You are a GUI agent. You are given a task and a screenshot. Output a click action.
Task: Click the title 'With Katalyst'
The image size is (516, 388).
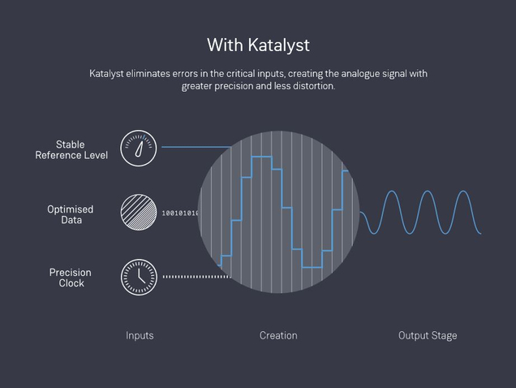pyautogui.click(x=258, y=45)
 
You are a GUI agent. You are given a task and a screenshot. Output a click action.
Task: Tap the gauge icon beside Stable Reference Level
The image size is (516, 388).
pyautogui.click(x=138, y=148)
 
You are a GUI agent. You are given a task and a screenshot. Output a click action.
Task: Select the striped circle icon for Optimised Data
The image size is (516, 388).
pyautogui.click(x=139, y=212)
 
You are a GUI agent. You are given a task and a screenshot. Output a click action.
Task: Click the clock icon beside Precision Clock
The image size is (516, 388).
pyautogui.click(x=139, y=277)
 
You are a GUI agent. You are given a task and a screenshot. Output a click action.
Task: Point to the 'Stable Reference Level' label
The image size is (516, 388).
pyautogui.click(x=71, y=150)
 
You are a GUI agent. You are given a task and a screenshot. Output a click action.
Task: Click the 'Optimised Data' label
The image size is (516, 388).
pyautogui.click(x=71, y=214)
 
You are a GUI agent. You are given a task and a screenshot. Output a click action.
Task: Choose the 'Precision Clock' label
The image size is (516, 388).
pyautogui.click(x=71, y=278)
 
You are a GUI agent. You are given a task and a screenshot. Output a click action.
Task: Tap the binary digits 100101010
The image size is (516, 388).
pyautogui.click(x=180, y=213)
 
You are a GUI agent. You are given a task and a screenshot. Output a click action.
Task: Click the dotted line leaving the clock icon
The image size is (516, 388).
pyautogui.click(x=197, y=277)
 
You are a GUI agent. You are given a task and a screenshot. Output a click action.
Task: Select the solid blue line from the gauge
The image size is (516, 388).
pyautogui.click(x=196, y=147)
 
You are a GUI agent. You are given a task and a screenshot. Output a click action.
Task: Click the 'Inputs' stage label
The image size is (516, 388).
pyautogui.click(x=140, y=335)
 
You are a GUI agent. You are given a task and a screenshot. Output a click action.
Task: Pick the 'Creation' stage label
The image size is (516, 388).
pyautogui.click(x=278, y=335)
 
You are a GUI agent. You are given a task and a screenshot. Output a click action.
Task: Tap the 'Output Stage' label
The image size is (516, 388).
pyautogui.click(x=428, y=335)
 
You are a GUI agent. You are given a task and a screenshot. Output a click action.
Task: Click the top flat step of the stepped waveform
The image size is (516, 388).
pyautogui.click(x=261, y=157)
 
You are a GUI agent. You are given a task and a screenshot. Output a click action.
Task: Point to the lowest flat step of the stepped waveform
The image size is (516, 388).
pyautogui.click(x=312, y=267)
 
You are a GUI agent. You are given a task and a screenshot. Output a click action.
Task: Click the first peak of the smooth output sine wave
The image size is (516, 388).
pyautogui.click(x=391, y=191)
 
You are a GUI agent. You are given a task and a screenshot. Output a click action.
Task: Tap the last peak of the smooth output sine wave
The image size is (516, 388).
pyautogui.click(x=463, y=191)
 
